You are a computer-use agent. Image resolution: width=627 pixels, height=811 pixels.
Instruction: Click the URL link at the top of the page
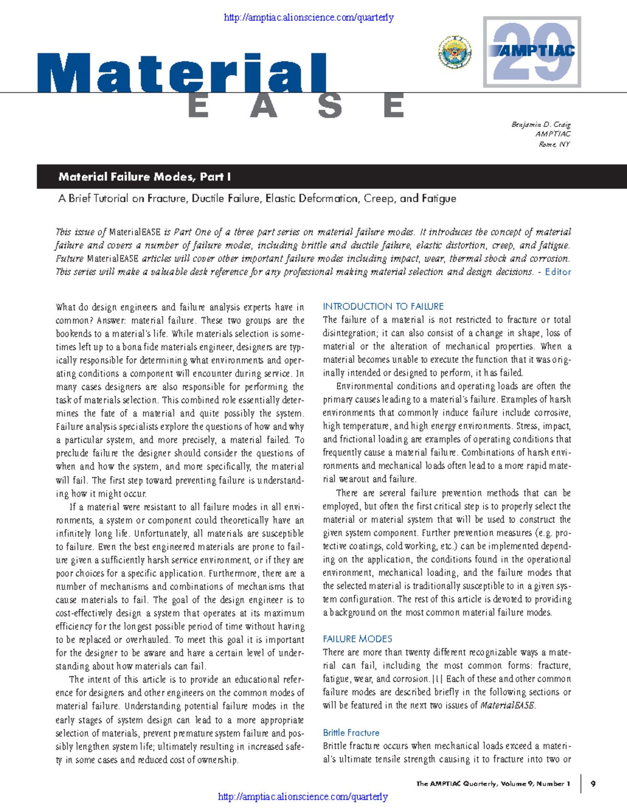308,18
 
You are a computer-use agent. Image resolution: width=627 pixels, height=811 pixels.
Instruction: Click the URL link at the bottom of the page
303,796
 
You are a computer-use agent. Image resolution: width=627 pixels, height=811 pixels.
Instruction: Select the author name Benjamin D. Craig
541,125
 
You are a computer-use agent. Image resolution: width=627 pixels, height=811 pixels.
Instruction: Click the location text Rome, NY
554,144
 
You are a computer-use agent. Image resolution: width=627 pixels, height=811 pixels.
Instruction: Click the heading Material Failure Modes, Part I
144,177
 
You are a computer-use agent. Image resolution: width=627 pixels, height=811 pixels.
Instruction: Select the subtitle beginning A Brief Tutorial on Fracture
257,198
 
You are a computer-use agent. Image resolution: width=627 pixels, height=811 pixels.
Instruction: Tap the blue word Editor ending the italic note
558,272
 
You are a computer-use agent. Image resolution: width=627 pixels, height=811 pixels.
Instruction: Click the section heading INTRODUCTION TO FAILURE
383,307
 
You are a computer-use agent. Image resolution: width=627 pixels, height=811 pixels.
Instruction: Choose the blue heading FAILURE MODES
357,639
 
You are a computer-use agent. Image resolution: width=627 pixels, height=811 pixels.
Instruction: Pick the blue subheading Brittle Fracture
351,733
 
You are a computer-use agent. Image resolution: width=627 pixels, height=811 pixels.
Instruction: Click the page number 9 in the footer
593,784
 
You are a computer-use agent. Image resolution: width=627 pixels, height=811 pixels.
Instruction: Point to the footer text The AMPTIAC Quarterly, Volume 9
493,784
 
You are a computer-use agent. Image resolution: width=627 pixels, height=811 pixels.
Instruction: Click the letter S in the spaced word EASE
330,107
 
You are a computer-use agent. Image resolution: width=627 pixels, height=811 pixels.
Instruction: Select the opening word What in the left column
65,308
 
